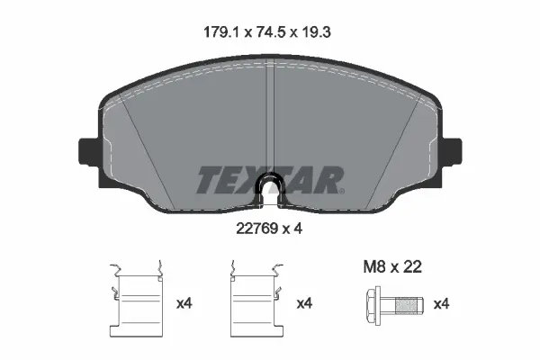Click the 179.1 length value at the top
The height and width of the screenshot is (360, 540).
coord(219,31)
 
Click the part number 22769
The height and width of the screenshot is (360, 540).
coord(255,229)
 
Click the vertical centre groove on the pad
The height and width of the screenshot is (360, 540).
coord(270,117)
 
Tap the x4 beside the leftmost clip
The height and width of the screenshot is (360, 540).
coord(184,303)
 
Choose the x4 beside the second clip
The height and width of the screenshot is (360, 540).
coord(304,303)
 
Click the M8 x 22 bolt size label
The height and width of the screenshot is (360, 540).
coord(391,266)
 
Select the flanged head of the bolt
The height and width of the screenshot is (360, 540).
coord(373,303)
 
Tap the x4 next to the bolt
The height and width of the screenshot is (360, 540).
coord(441,303)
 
